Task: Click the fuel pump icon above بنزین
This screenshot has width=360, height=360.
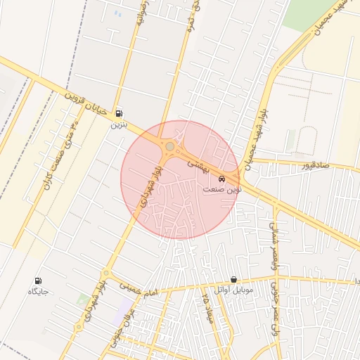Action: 119,113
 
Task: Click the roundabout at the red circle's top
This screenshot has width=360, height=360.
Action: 170,146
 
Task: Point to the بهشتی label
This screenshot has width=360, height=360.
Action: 196,162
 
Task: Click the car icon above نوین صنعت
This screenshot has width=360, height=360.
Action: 222,179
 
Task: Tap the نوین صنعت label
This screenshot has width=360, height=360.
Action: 222,189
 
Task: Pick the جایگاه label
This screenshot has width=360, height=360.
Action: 37,292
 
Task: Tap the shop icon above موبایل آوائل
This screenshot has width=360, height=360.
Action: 233,280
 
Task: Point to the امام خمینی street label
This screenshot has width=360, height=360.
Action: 141,287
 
